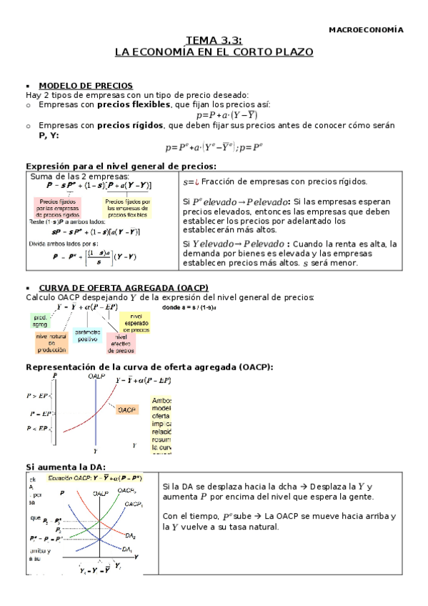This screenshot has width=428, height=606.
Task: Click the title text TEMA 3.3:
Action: point(214,41)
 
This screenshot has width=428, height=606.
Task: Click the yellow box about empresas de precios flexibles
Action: point(129,207)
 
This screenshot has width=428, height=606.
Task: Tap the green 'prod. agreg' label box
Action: point(40,320)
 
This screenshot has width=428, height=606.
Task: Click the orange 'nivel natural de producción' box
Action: point(51,343)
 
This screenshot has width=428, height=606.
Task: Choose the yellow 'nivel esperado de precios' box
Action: point(135,323)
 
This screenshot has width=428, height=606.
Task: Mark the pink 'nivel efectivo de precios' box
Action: point(121,343)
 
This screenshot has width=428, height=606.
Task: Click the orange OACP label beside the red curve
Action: point(127,409)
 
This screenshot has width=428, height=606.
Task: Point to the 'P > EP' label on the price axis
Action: point(38,395)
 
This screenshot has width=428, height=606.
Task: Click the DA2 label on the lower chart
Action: point(130,535)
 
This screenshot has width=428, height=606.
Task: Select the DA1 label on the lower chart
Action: point(126,549)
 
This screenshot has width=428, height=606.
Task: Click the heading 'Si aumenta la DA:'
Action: point(57,466)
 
